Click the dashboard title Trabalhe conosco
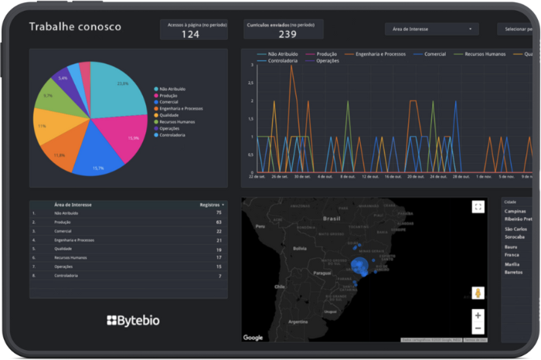click(x=75, y=27)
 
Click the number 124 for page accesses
click(x=190, y=33)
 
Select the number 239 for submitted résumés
click(x=288, y=33)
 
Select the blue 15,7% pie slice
click(x=100, y=151)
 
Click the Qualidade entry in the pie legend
click(x=171, y=115)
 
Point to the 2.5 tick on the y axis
click(x=251, y=83)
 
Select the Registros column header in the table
click(x=210, y=205)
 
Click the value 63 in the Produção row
click(x=219, y=222)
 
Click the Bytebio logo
click(x=133, y=320)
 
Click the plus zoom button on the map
click(x=478, y=315)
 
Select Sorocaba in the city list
click(x=515, y=237)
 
